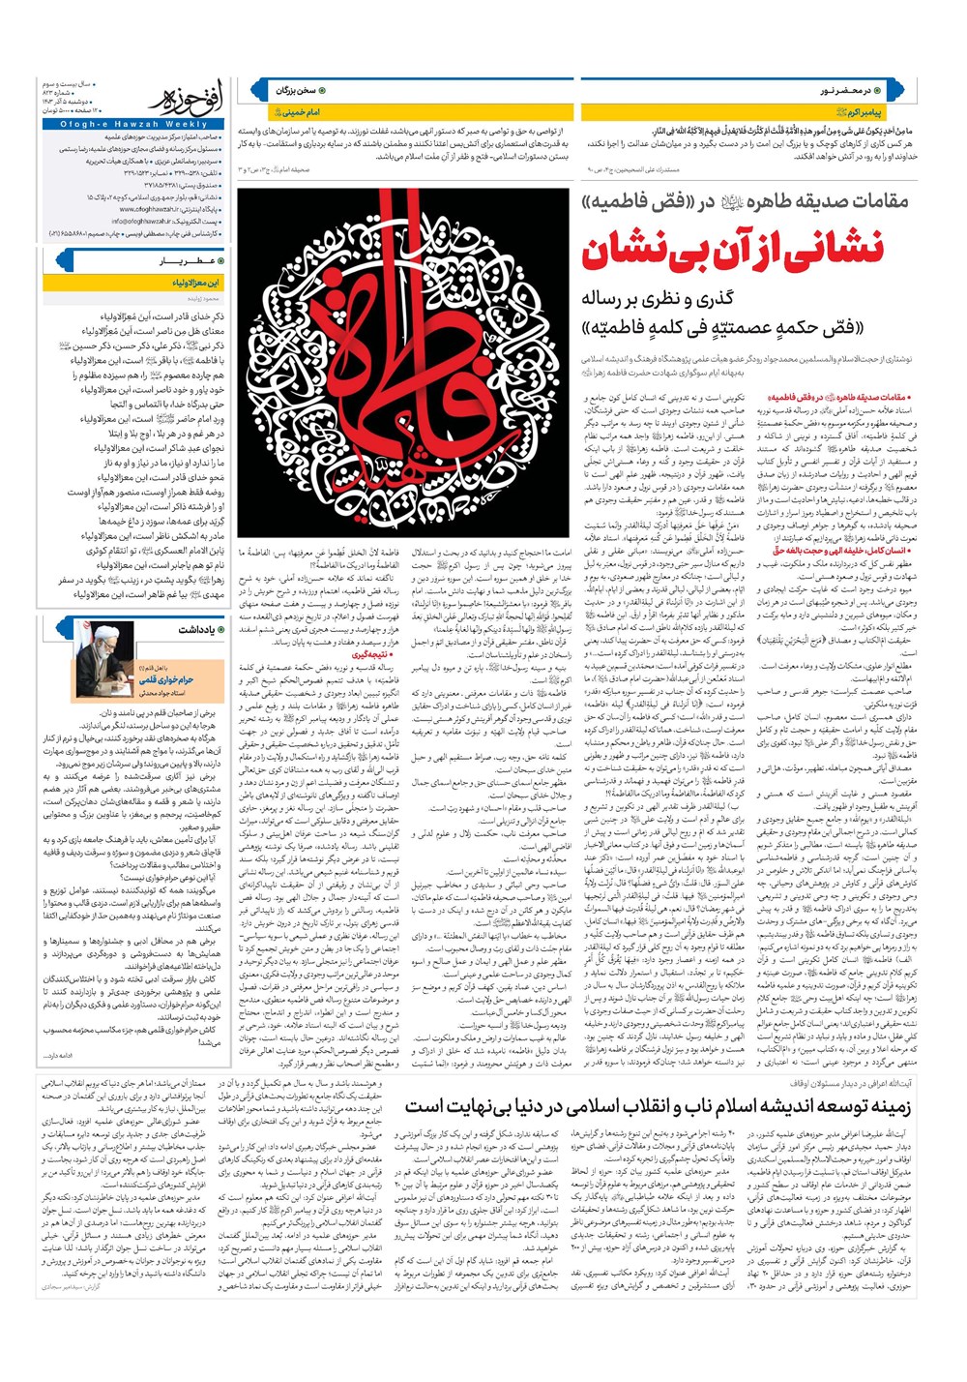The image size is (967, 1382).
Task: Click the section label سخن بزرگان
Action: (298, 90)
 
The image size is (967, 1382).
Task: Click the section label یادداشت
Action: (197, 629)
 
